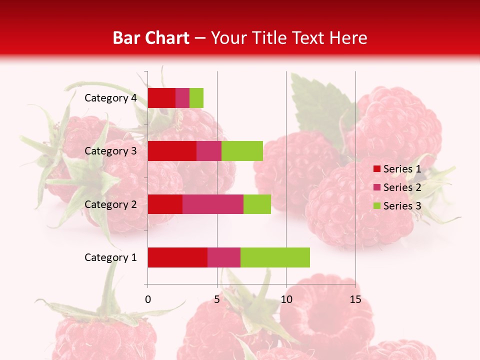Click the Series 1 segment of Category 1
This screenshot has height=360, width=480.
point(177,257)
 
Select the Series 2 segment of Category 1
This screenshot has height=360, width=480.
point(224,257)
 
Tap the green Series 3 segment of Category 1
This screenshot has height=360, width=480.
point(275,257)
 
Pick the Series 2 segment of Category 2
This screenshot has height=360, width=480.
point(213,204)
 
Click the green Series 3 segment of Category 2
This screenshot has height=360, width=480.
point(257,204)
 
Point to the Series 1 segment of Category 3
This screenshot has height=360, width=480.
point(172,151)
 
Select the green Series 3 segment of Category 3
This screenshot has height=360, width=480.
point(242,151)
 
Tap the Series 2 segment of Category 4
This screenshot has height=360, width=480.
point(182,98)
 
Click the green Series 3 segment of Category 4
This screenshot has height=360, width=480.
point(196,98)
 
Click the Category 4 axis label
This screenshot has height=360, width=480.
point(110,98)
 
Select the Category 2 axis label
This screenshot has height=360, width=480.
point(110,204)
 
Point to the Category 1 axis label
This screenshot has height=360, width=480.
point(110,257)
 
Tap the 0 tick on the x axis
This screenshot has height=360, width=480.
point(148,299)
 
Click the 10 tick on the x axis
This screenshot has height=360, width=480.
point(286,299)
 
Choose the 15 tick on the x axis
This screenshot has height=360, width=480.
point(355,299)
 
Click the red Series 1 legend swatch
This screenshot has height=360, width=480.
point(377,169)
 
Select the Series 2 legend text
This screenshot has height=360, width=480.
point(402,187)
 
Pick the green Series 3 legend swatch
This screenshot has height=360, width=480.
point(377,206)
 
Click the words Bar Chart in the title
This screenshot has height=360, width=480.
point(151,38)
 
